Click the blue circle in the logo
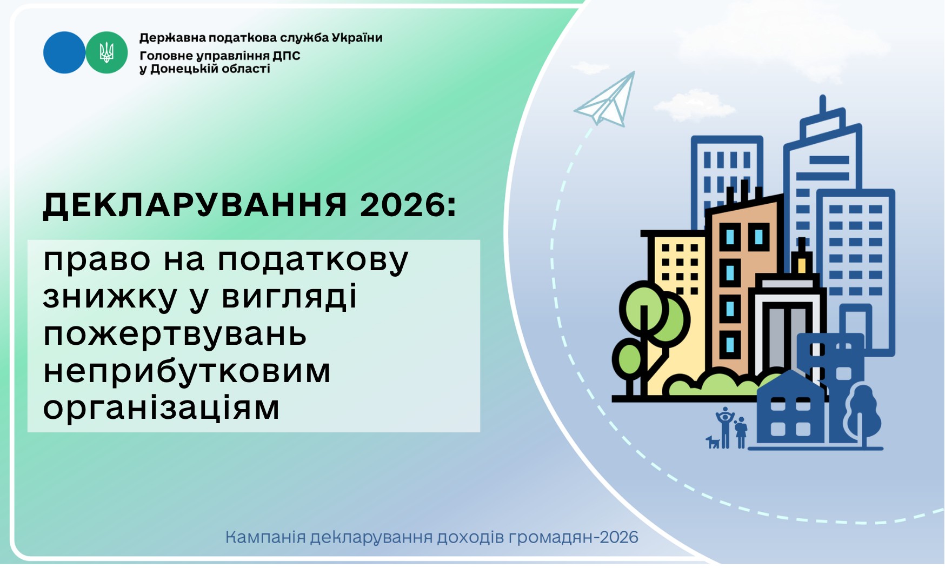(x=64, y=52)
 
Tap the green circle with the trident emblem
(x=107, y=52)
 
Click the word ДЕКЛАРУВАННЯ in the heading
(x=195, y=205)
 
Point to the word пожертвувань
(x=175, y=335)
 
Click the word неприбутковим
(x=187, y=372)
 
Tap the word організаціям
(x=161, y=408)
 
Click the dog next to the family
(x=713, y=442)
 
